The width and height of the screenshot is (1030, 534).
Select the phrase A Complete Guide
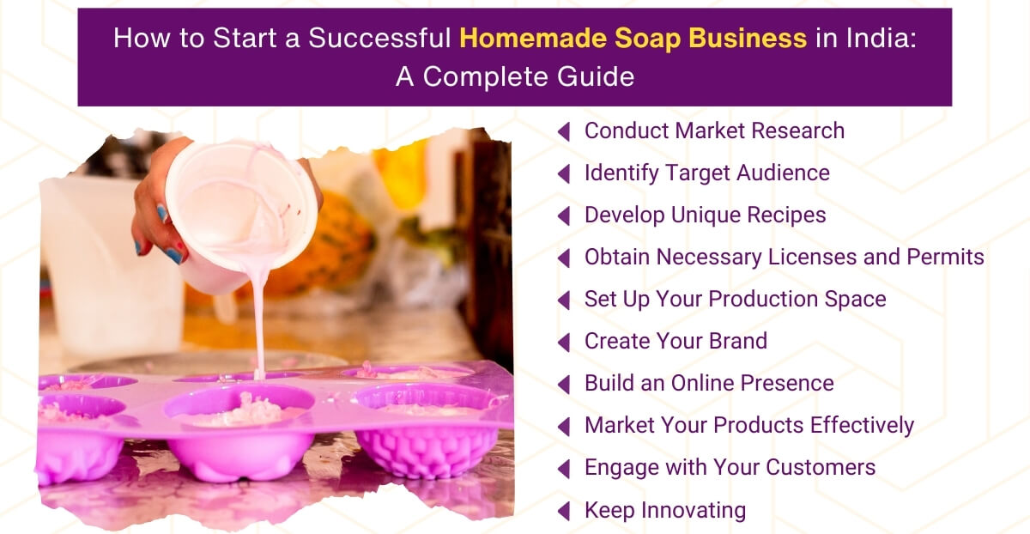pyautogui.click(x=515, y=76)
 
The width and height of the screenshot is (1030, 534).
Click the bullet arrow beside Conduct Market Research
pyautogui.click(x=564, y=131)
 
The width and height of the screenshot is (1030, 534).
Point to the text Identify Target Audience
pyautogui.click(x=706, y=173)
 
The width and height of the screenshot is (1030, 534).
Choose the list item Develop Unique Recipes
pyautogui.click(x=705, y=215)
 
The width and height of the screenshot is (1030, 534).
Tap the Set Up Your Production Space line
pyautogui.click(x=735, y=299)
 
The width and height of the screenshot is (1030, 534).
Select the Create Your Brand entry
pyautogui.click(x=676, y=341)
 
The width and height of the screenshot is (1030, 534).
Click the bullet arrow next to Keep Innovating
pyautogui.click(x=564, y=511)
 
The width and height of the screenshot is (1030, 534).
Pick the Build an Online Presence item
pyautogui.click(x=709, y=383)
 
